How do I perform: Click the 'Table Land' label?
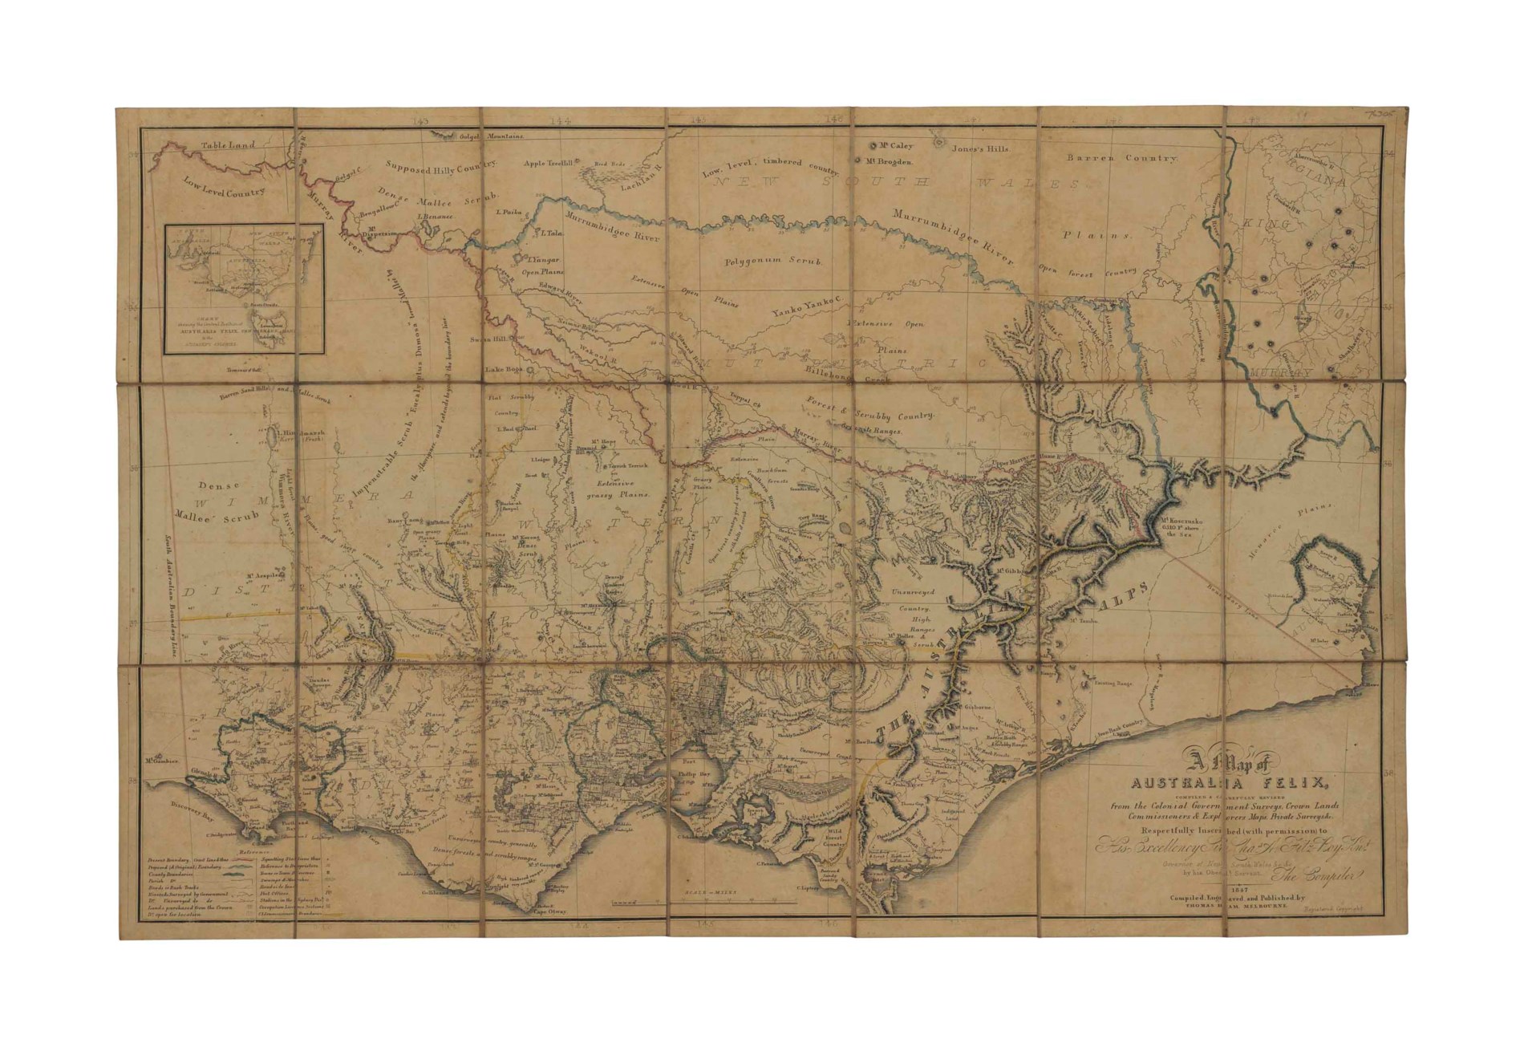pyautogui.click(x=228, y=145)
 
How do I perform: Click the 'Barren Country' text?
pyautogui.click(x=1111, y=158)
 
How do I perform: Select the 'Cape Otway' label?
pyautogui.click(x=550, y=912)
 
